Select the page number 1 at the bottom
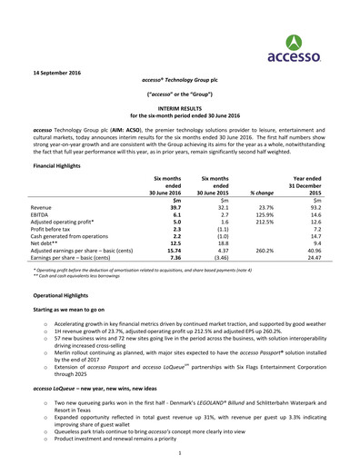(180, 451)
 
